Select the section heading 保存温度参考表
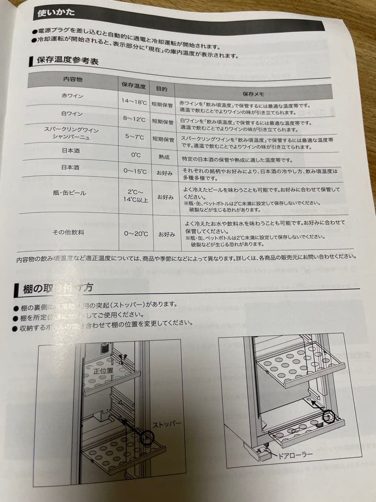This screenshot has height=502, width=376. point(68,60)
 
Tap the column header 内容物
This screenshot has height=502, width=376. point(72,79)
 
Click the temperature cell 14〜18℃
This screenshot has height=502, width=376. point(135,101)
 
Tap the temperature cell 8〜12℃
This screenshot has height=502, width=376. point(135,119)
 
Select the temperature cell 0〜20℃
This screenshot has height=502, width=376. point(136,234)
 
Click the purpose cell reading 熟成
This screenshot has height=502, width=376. point(163,157)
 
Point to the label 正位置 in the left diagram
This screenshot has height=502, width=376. point(103,370)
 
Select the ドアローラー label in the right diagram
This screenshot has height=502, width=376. point(295,454)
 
